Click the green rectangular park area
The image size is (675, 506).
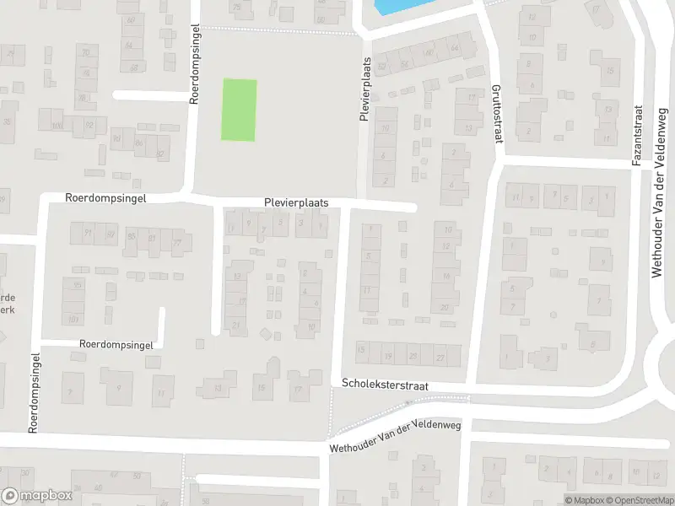pos(239,110)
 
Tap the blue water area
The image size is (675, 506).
pos(397,7)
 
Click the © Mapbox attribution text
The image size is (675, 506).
pos(582,500)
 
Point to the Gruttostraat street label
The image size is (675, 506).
pos(496,114)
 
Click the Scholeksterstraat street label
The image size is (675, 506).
pos(386,384)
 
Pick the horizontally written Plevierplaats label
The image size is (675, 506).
pos(295,203)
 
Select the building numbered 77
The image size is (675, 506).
pos(177,243)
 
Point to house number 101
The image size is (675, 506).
pos(73,320)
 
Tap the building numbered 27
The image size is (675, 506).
pos(440,356)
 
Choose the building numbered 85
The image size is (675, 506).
pos(131,237)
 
